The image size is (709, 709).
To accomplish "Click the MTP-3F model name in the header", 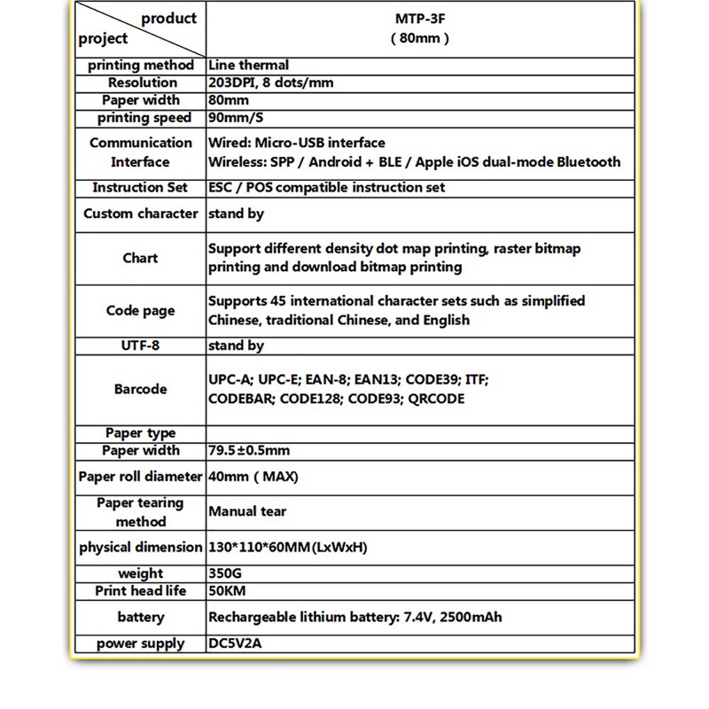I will tap(420, 19).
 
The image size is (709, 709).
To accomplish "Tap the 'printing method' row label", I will tap(140, 65).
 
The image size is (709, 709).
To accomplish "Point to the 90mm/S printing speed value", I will tap(238, 118).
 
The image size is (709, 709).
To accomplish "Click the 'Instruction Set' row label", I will tap(140, 188).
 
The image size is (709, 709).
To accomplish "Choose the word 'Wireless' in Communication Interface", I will tap(237, 162).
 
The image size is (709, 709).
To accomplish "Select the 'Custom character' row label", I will tap(140, 214).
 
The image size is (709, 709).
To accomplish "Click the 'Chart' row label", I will tap(140, 258).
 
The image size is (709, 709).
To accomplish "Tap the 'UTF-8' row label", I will tap(140, 346).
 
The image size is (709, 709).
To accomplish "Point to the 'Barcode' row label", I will tap(140, 389).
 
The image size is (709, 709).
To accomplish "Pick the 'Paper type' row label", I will tap(140, 433).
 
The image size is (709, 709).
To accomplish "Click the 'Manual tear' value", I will tap(247, 511).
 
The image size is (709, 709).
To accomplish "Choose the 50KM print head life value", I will tap(228, 591).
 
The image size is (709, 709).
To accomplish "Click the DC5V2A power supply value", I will tap(235, 643).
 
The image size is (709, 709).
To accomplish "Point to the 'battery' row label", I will tap(140, 617).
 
